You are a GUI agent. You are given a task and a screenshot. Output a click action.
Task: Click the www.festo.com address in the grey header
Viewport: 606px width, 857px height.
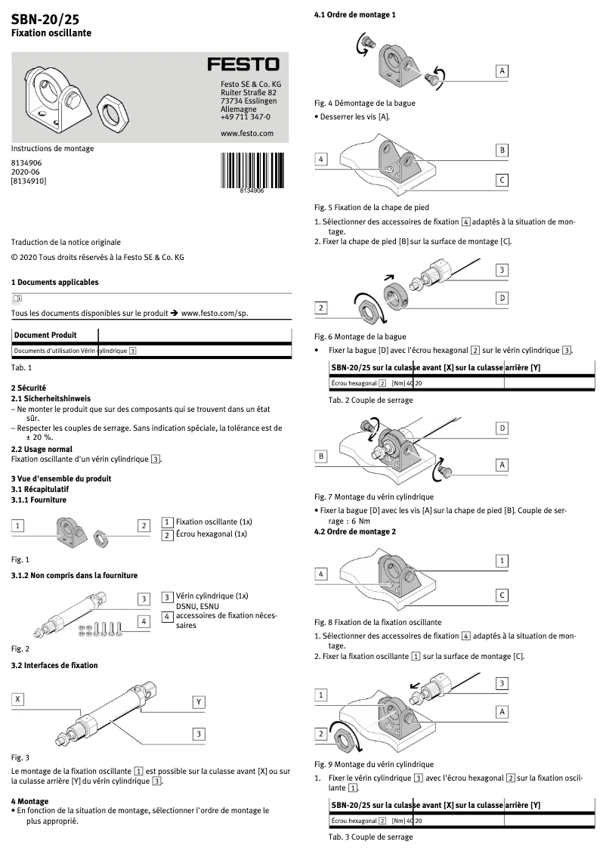coord(246,133)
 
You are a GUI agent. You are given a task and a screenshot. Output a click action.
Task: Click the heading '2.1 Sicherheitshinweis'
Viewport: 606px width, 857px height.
coord(51,398)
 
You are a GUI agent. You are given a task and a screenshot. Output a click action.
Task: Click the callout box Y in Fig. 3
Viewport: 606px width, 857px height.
coord(199,701)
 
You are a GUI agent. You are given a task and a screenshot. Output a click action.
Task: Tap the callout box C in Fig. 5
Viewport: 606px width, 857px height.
coord(502,180)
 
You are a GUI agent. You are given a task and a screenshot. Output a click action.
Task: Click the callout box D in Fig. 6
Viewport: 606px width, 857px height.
coord(502,299)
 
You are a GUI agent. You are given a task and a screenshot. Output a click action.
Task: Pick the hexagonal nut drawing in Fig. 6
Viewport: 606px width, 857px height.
coord(370,308)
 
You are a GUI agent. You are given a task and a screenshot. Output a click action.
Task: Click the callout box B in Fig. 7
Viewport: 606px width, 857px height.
coord(321,456)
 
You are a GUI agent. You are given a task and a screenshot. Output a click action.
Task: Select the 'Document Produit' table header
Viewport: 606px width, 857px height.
coord(45,335)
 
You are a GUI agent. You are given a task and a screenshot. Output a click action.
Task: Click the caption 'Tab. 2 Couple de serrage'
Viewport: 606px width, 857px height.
coord(370,400)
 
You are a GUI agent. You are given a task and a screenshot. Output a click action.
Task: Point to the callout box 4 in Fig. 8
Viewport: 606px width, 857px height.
coord(321,574)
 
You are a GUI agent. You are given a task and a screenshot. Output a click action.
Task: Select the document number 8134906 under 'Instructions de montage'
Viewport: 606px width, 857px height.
coord(26,162)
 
